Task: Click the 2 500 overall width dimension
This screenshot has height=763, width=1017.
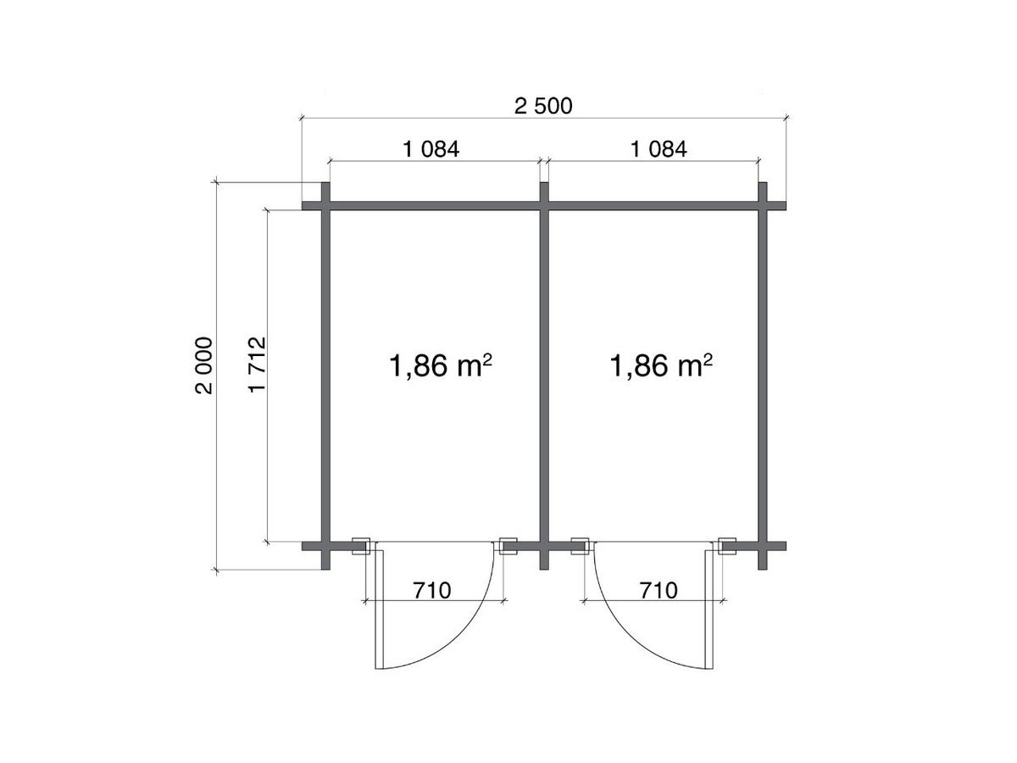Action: [x=543, y=106]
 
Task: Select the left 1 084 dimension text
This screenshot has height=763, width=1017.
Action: [x=431, y=149]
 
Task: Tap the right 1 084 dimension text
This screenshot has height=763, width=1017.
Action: [x=659, y=149]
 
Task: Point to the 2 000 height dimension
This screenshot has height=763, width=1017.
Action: [x=204, y=365]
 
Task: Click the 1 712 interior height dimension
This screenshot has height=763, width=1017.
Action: [x=257, y=365]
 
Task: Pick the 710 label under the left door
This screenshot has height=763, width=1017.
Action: [x=432, y=591]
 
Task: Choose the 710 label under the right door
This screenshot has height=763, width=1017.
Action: [x=659, y=591]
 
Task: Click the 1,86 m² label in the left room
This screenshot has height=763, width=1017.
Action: [x=440, y=365]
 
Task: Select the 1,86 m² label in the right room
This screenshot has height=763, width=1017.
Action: [x=661, y=365]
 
